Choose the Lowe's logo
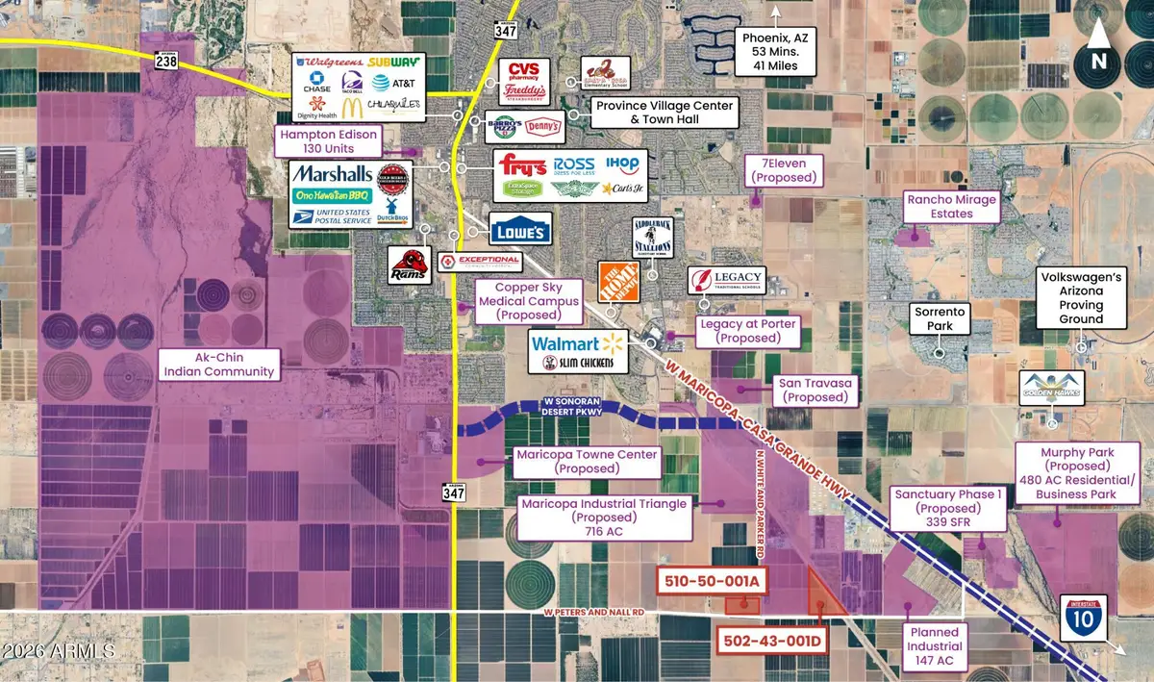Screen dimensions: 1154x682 coord(520,230)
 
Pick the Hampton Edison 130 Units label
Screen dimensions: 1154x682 coord(329,141)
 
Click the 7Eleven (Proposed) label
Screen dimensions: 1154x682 coord(786,170)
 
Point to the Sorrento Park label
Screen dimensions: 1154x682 coord(940,319)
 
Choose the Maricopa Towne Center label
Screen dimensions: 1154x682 coord(586,462)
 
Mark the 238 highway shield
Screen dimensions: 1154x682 coord(164,61)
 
